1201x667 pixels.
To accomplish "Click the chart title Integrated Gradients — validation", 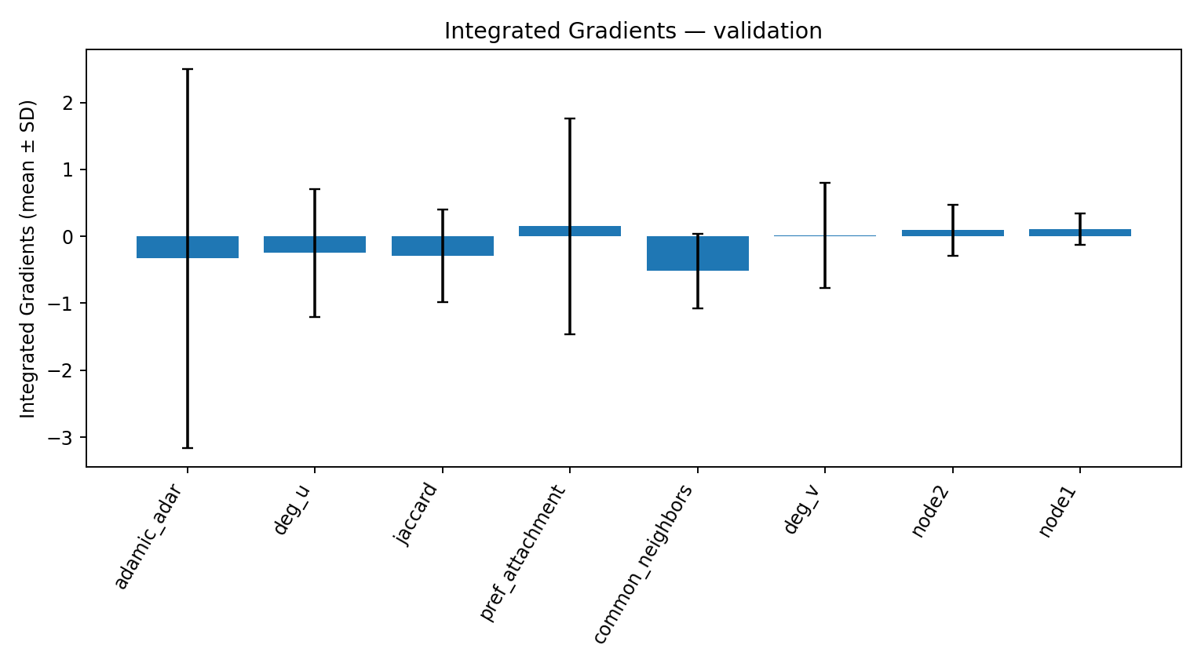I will (633, 31).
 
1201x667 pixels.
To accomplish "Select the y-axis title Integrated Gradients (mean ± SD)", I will (28, 259).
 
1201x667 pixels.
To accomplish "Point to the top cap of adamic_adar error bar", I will (188, 70).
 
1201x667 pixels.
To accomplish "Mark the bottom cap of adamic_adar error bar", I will (188, 448).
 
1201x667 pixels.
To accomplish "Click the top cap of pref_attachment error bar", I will (570, 118).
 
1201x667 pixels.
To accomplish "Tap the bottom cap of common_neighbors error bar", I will (698, 308).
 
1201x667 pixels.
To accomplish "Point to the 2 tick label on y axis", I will (70, 104).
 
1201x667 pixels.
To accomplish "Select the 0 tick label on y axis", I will (70, 237).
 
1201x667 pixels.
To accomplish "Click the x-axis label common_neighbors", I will (643, 564).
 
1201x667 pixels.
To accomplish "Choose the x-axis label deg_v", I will (803, 510).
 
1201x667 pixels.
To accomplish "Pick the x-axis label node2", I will (931, 512).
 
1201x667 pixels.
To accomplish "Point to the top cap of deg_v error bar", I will (825, 183).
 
